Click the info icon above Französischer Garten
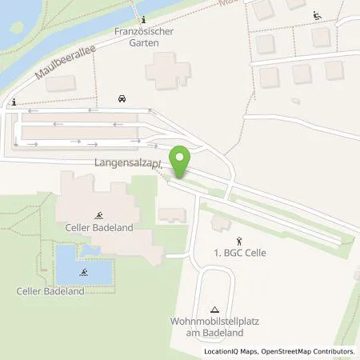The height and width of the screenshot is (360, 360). pos(142,19)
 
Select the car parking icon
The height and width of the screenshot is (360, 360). pos(122,99)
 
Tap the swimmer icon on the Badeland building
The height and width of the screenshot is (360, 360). pos(99,216)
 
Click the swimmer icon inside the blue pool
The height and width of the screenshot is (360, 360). pos(83,272)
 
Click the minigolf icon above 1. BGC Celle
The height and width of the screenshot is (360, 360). pos(238,239)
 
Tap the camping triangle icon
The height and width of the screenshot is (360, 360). pos(214,309)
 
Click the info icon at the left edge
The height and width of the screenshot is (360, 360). pos(14,102)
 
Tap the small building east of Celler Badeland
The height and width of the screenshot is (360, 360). pos(171,214)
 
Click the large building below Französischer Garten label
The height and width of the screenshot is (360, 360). pos(169,70)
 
